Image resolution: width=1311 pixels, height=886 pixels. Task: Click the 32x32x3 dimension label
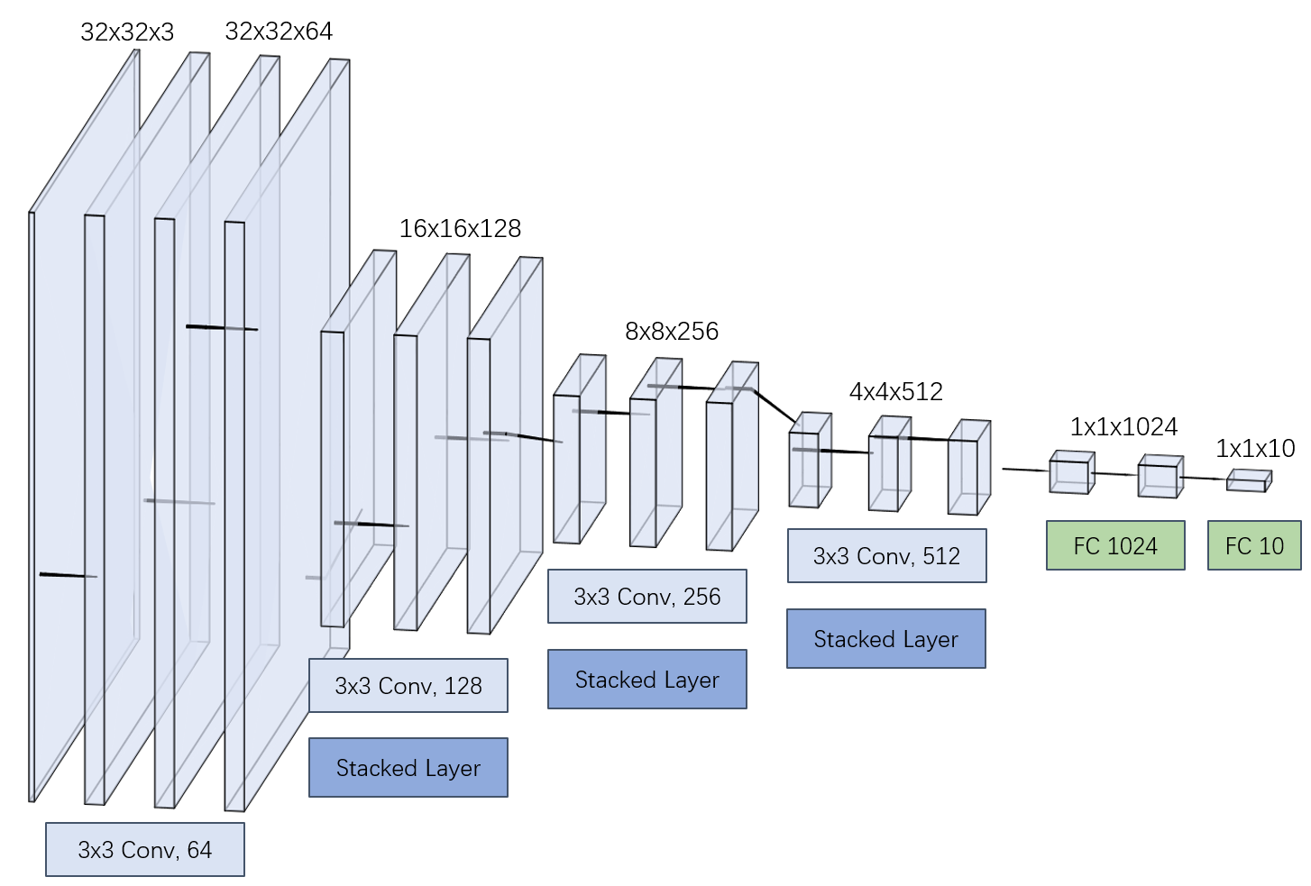coord(127,32)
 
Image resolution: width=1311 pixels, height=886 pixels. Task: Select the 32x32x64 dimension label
coord(279,32)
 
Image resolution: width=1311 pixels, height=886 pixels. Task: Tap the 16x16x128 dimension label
coord(460,229)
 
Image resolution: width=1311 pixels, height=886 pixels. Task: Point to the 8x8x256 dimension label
coord(672,332)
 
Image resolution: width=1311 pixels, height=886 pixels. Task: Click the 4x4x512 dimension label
coord(896,392)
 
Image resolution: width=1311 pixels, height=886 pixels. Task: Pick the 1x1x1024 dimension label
coord(1123,427)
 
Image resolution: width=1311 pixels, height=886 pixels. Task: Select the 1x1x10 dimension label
coord(1255,448)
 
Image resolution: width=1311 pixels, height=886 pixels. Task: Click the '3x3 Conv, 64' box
coord(145,849)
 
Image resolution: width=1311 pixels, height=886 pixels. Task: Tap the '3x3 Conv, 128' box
coord(408,686)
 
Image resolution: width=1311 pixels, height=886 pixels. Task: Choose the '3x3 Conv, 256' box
coord(647,597)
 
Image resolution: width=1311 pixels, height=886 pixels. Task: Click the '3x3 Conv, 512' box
coord(886,556)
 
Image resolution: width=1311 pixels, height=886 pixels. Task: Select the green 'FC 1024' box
coord(1115,546)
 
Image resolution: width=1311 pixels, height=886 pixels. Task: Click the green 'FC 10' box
coord(1254,546)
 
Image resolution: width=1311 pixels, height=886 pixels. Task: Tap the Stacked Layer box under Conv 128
coord(408,768)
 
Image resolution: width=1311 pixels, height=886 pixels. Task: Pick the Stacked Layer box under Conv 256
coord(647,680)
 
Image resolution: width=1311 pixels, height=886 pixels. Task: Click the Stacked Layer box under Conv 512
coord(886,639)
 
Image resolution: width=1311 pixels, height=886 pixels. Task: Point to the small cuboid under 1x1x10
coord(1249,480)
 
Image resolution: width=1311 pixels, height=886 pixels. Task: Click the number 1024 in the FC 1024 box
coord(1132,546)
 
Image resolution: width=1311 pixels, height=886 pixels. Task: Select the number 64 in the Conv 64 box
coord(199,850)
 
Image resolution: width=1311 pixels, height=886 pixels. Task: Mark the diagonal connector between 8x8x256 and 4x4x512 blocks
coord(776,406)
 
